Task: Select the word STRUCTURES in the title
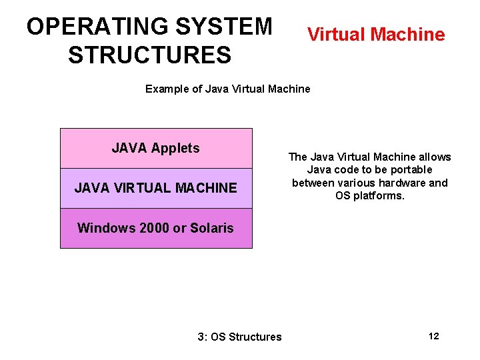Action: pyautogui.click(x=149, y=55)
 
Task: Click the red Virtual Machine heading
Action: pyautogui.click(x=376, y=34)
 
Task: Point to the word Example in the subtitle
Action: pyautogui.click(x=167, y=89)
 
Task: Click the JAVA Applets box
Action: pyautogui.click(x=156, y=148)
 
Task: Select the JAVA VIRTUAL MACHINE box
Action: pyautogui.click(x=156, y=188)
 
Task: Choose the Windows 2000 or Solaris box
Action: pyautogui.click(x=156, y=228)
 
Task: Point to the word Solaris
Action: pyautogui.click(x=211, y=228)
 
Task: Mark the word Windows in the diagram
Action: pyautogui.click(x=106, y=228)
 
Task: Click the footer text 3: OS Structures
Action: pyautogui.click(x=240, y=337)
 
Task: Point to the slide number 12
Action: pyautogui.click(x=433, y=336)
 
